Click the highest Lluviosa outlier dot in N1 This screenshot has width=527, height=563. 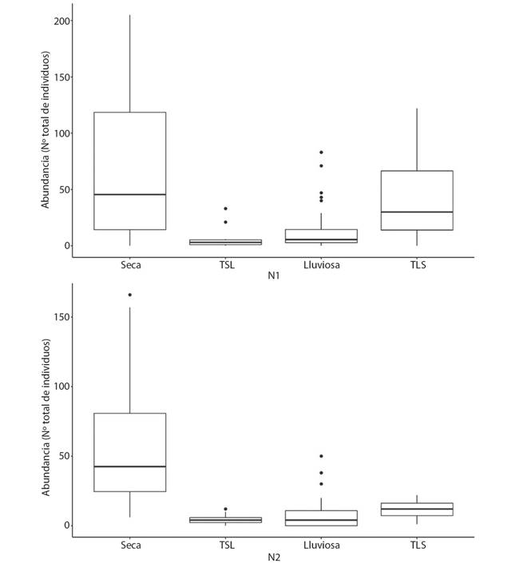tap(321, 152)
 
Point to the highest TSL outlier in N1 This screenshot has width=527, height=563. tap(225, 208)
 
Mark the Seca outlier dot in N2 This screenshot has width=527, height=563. tap(129, 295)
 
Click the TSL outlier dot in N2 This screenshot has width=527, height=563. tap(225, 509)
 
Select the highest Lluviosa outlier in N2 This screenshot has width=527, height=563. tap(321, 456)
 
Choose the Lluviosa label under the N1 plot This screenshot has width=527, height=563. tap(321, 265)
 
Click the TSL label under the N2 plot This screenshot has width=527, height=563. tap(225, 545)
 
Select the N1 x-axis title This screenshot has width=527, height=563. tap(273, 276)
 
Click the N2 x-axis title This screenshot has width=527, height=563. tap(273, 557)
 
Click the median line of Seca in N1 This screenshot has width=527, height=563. tap(129, 194)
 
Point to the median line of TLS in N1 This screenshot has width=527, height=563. tap(417, 212)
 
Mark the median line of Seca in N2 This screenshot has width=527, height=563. tap(129, 466)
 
